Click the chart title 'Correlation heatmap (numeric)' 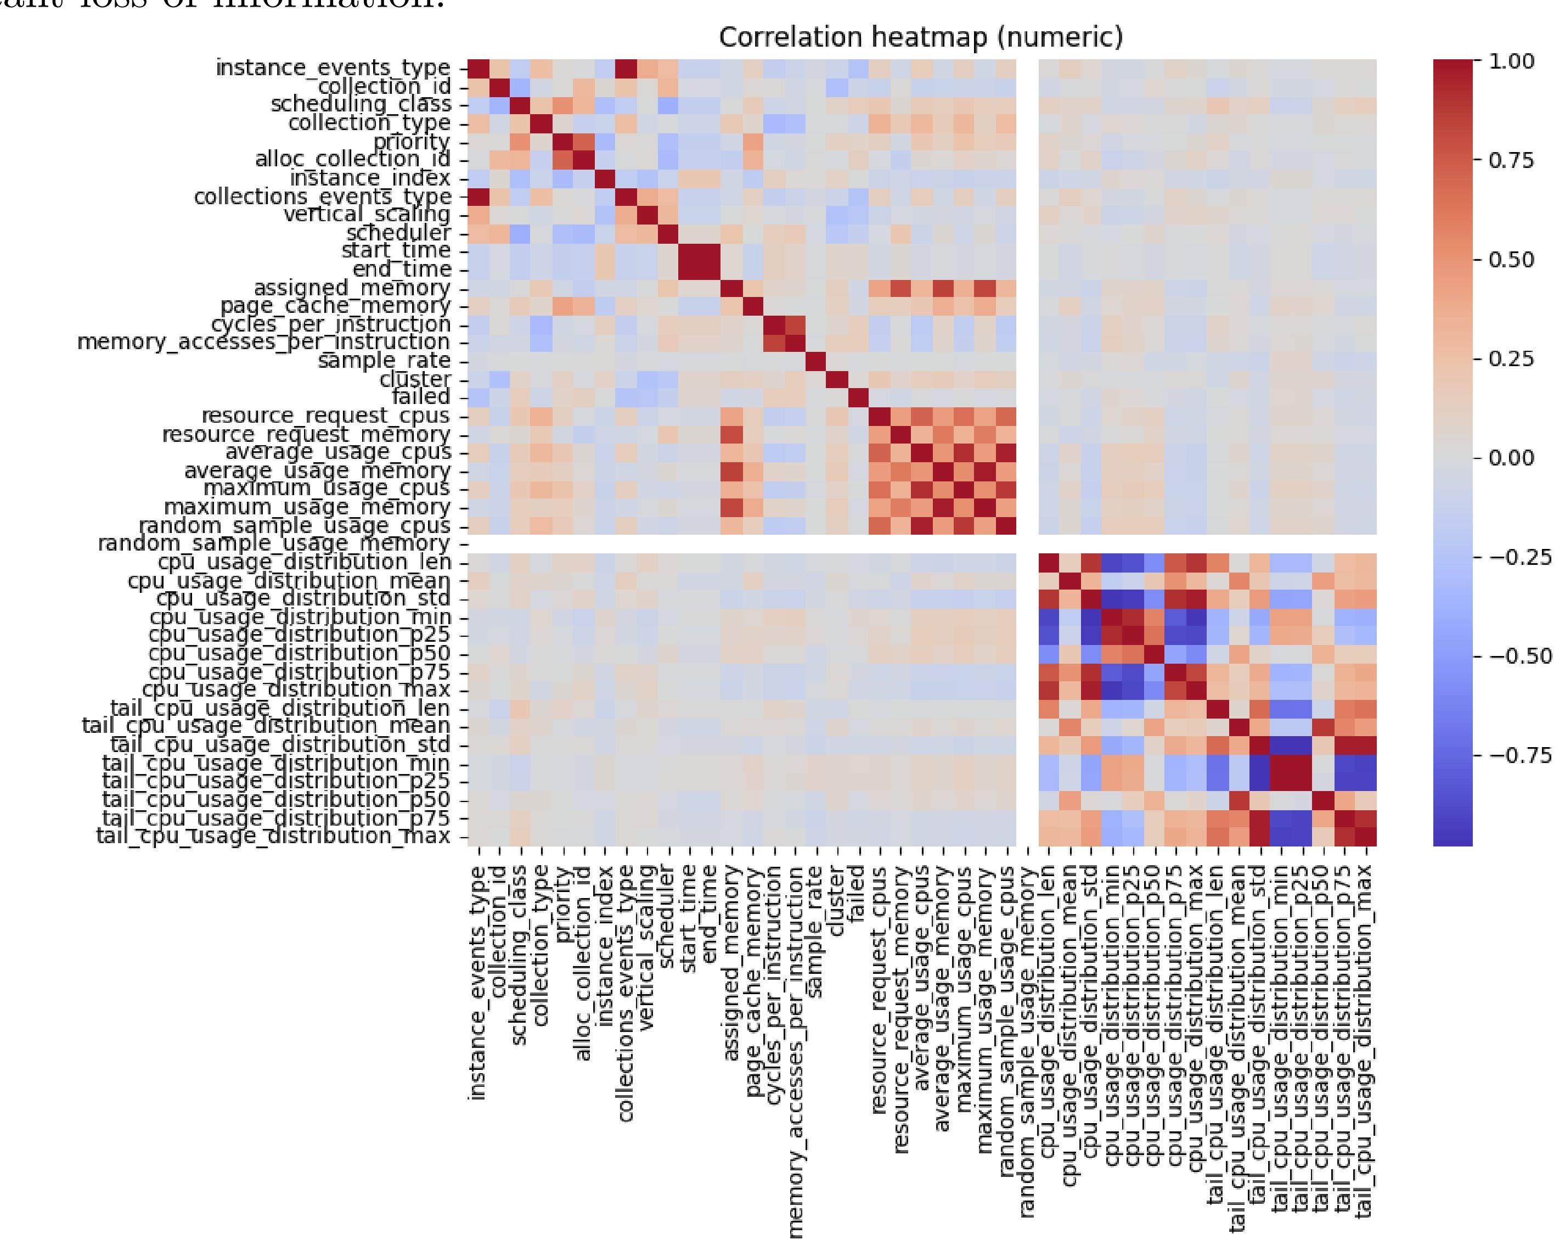point(920,37)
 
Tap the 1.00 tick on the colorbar point(1511,61)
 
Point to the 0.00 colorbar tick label point(1511,458)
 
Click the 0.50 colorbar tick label point(1511,260)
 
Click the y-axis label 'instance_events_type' point(333,68)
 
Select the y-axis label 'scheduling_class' point(361,104)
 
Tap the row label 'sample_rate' point(384,361)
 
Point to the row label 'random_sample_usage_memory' point(274,544)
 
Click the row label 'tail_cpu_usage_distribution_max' point(274,836)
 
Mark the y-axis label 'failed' point(421,397)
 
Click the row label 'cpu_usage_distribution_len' point(305,563)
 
